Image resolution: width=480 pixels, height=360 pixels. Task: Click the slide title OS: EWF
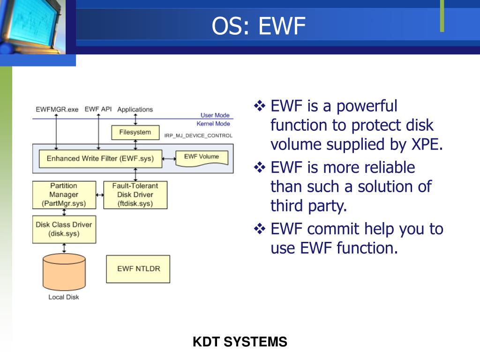(x=258, y=26)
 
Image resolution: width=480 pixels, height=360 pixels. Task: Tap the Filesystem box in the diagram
(x=135, y=133)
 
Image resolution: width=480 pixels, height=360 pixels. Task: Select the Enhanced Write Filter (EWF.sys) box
(x=100, y=158)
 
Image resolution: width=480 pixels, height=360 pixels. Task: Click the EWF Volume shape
(x=202, y=157)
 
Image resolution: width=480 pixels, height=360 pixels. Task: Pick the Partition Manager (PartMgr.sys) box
(x=64, y=195)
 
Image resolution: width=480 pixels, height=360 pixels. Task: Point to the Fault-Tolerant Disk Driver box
(x=135, y=195)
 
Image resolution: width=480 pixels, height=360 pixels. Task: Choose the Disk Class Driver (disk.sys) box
(x=64, y=229)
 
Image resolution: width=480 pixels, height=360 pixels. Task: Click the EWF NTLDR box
(x=138, y=269)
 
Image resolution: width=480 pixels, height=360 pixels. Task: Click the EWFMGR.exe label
(x=57, y=110)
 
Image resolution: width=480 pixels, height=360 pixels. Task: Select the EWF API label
(x=98, y=109)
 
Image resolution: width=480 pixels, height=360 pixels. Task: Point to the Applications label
(x=135, y=110)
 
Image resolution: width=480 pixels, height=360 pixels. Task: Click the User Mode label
(x=215, y=115)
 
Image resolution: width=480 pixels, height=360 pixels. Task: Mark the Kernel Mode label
(x=213, y=124)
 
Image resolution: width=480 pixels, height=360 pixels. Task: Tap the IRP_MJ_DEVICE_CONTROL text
(x=198, y=135)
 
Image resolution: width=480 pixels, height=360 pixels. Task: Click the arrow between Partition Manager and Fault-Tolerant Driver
(x=100, y=195)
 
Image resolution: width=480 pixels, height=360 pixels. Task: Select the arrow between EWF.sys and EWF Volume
(x=168, y=159)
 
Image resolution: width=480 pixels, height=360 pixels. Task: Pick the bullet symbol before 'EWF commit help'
(x=259, y=229)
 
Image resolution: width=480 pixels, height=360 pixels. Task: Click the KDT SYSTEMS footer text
(x=240, y=342)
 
